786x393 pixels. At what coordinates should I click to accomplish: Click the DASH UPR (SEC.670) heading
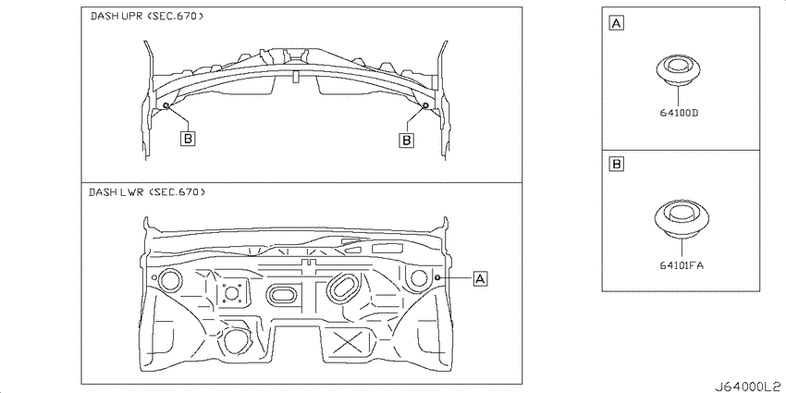[x=147, y=16]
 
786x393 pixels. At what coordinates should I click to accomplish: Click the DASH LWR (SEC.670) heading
[x=147, y=192]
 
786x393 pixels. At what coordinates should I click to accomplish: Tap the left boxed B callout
[x=188, y=139]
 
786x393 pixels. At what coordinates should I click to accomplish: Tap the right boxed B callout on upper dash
[x=407, y=140]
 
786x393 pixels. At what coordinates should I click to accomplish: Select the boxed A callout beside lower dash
[x=480, y=278]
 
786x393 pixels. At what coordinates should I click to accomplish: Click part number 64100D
[x=679, y=113]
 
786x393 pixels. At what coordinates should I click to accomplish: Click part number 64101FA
[x=682, y=265]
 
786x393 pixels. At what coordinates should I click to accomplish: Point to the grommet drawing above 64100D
[x=678, y=70]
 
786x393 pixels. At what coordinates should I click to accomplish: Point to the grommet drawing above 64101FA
[x=682, y=218]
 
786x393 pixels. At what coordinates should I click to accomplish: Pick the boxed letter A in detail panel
[x=616, y=23]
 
